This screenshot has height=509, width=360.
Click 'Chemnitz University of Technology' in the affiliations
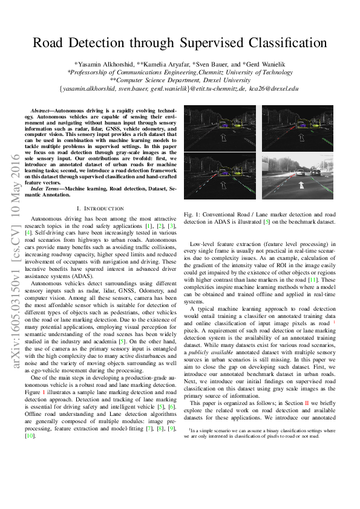[240, 71]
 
